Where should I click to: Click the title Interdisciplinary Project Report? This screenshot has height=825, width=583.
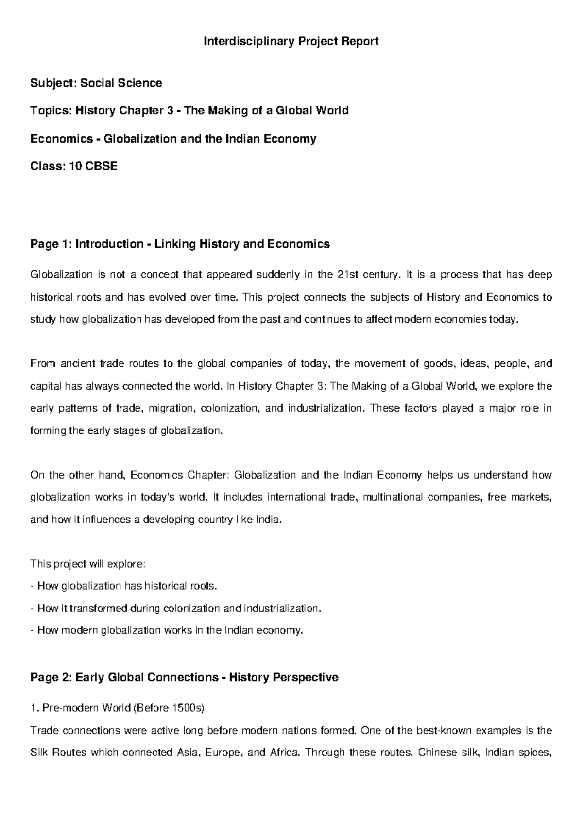tap(291, 42)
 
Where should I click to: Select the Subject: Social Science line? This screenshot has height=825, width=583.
tap(96, 83)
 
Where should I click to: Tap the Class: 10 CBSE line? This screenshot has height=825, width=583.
tap(74, 167)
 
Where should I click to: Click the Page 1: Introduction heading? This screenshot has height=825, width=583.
tap(180, 244)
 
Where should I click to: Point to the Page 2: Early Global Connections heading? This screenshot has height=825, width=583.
tap(184, 677)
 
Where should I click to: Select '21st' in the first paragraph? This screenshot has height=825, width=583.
tap(347, 275)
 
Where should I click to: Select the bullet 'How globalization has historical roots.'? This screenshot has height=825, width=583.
tap(124, 586)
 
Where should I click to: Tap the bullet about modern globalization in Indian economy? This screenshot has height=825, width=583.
tap(167, 631)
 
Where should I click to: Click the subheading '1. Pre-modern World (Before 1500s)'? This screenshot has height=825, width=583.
tap(118, 708)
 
